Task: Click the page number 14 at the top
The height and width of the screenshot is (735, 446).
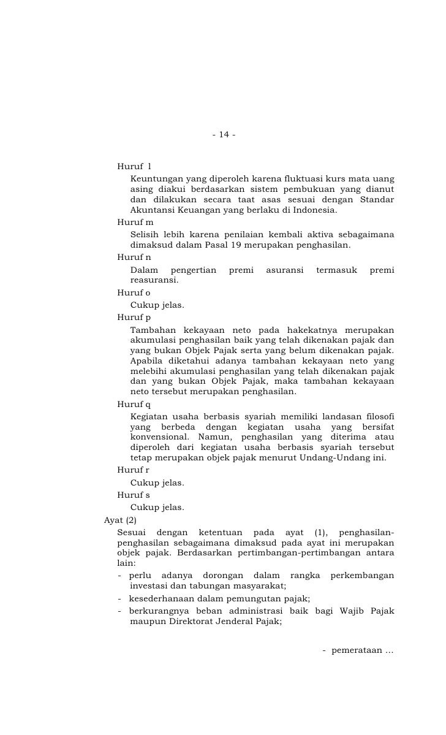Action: (x=224, y=135)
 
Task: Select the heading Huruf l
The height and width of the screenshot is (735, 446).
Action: (x=134, y=166)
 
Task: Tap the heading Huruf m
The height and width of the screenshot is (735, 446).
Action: (x=135, y=222)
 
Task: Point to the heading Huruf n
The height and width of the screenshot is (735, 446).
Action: (x=134, y=257)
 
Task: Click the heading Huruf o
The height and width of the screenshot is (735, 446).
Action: (x=134, y=293)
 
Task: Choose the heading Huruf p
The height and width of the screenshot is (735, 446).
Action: (x=134, y=318)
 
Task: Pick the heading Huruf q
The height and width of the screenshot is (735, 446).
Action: (x=134, y=405)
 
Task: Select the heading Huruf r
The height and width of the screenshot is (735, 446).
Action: (x=134, y=470)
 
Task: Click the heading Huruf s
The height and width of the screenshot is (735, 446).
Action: (x=134, y=495)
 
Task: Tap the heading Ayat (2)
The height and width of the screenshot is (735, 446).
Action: (x=121, y=520)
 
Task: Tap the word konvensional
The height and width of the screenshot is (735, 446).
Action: (x=162, y=436)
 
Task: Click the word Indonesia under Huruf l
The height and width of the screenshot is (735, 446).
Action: (x=312, y=211)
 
